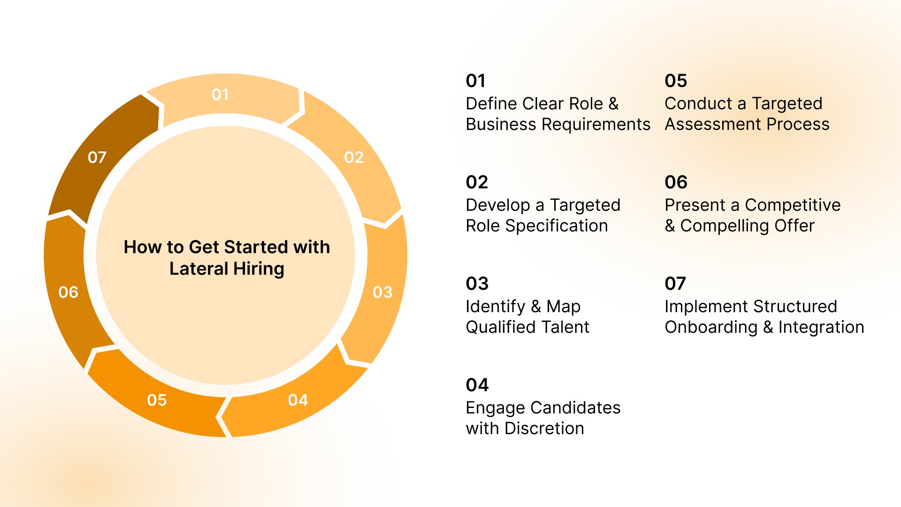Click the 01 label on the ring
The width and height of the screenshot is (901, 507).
(220, 94)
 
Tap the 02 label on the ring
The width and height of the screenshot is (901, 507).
(354, 157)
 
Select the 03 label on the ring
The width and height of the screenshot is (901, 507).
(382, 292)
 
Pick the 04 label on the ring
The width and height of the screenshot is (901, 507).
(298, 400)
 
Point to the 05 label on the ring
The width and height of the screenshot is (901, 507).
(157, 400)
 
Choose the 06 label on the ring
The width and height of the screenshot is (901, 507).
(68, 292)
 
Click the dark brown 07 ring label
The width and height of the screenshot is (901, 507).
(97, 157)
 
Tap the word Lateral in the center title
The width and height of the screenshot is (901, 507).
(199, 269)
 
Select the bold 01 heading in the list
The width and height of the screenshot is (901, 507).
(475, 81)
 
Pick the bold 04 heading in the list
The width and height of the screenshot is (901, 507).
(477, 385)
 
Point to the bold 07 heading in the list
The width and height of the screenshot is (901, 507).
(675, 284)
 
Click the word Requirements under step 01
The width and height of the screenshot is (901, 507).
(596, 124)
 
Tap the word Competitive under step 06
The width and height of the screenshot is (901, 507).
(793, 205)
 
